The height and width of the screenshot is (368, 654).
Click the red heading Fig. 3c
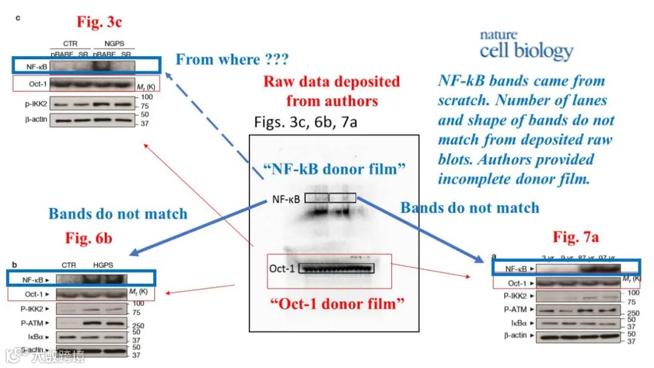pyautogui.click(x=99, y=23)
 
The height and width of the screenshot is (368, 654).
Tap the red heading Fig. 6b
pyautogui.click(x=88, y=237)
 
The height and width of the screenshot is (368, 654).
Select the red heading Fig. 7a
pyautogui.click(x=576, y=237)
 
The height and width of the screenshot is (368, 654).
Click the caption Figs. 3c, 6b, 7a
pyautogui.click(x=306, y=122)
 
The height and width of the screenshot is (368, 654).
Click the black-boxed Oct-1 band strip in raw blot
pyautogui.click(x=336, y=268)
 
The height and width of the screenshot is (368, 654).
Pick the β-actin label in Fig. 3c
pyautogui.click(x=37, y=119)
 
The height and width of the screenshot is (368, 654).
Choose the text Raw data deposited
pyautogui.click(x=331, y=82)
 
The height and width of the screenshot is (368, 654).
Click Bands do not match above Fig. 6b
pyautogui.click(x=118, y=214)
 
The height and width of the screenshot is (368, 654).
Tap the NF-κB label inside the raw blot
pyautogui.click(x=285, y=199)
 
